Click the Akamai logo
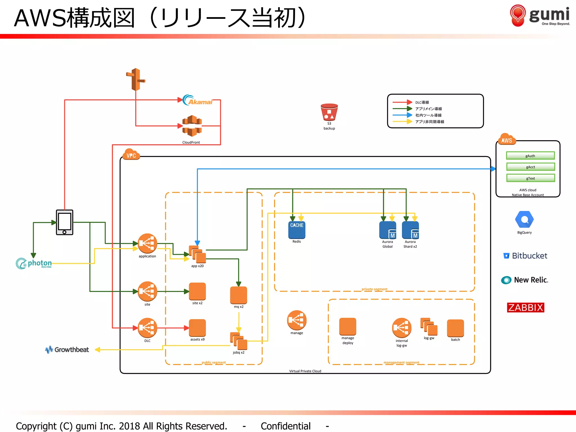pyautogui.click(x=197, y=100)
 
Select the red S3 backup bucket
pyautogui.click(x=329, y=112)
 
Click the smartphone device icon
pyautogui.click(x=64, y=222)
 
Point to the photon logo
pyautogui.click(x=34, y=264)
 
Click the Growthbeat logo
pyautogui.click(x=67, y=350)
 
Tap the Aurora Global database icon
pyautogui.click(x=388, y=230)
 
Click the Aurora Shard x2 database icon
pyautogui.click(x=410, y=230)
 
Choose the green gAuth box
pyautogui.click(x=530, y=156)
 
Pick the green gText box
pyautogui.click(x=530, y=178)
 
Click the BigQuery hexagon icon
pyautogui.click(x=524, y=219)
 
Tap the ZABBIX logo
pyautogui.click(x=525, y=307)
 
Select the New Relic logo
pyautogui.click(x=525, y=280)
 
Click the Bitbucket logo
pyautogui.click(x=525, y=256)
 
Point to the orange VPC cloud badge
pyautogui.click(x=131, y=154)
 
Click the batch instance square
pyautogui.click(x=455, y=328)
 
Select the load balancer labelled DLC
pyautogui.click(x=147, y=328)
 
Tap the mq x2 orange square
pyautogui.click(x=238, y=295)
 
